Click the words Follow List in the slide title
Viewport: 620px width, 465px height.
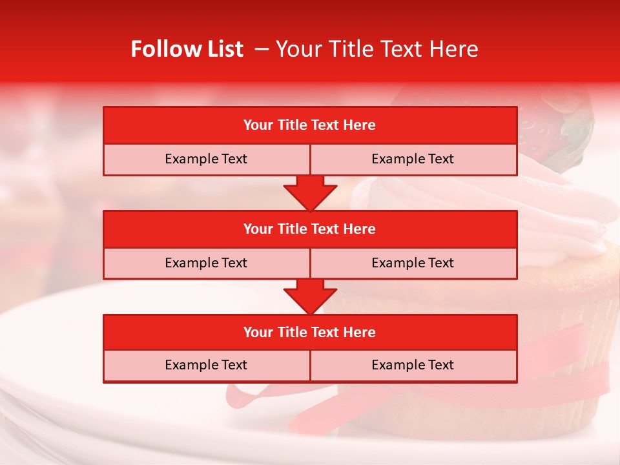[187, 49]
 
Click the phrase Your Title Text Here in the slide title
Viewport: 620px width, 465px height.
[377, 49]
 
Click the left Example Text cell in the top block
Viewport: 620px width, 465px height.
[206, 159]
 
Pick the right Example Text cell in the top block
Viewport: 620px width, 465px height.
[413, 159]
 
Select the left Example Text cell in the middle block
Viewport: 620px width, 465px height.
[206, 263]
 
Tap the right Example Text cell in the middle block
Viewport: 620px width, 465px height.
[413, 263]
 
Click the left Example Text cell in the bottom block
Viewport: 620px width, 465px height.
[206, 365]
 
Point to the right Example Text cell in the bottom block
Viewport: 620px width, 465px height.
[413, 365]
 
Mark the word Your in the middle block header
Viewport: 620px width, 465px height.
[258, 229]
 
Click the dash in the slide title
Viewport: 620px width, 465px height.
[262, 49]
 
